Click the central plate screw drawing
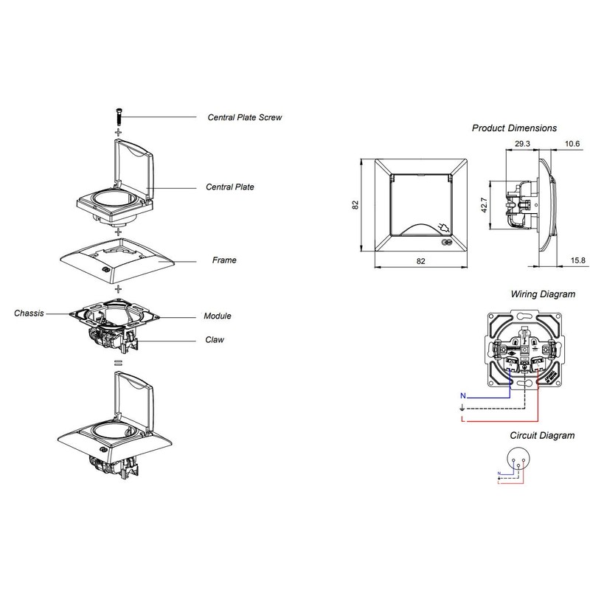click(117, 116)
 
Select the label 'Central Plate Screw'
click(244, 117)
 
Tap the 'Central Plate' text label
click(230, 187)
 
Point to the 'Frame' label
click(223, 260)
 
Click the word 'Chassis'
click(28, 313)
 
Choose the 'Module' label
click(218, 316)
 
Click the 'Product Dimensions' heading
click(514, 128)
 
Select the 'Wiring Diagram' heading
click(543, 294)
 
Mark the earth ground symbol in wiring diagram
click(462, 408)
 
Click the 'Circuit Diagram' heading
click(542, 435)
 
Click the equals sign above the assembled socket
click(117, 362)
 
